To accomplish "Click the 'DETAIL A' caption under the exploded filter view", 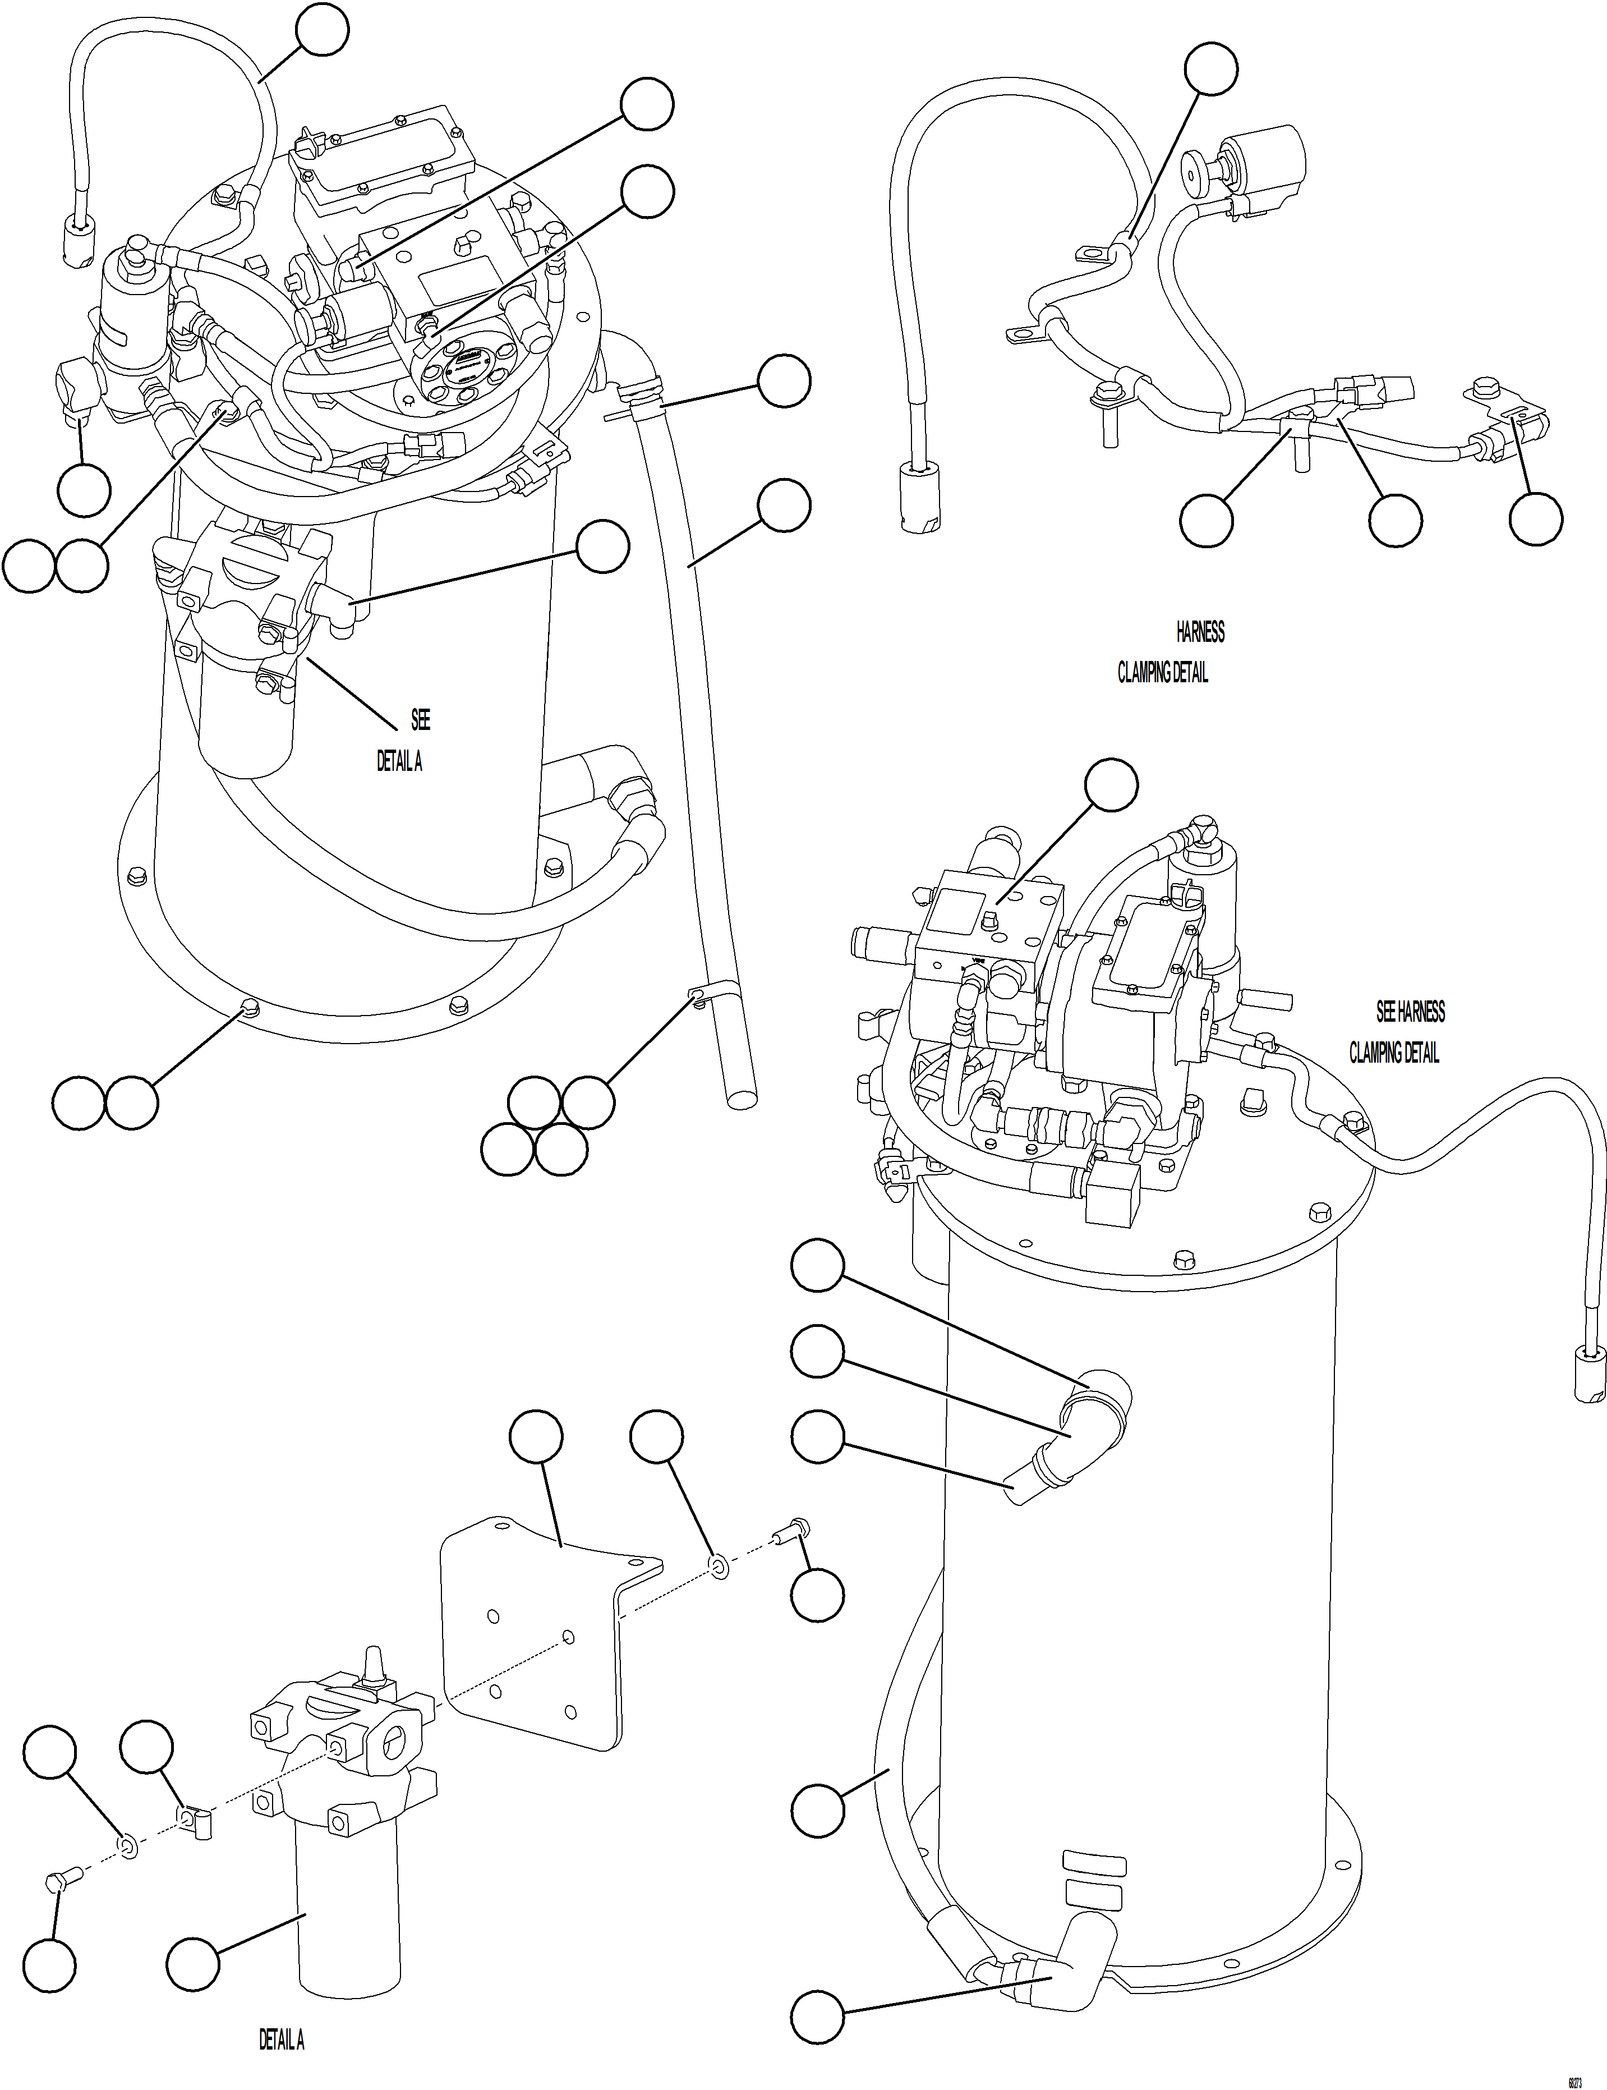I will click(281, 2040).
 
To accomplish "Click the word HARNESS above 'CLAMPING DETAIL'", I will click(1200, 632).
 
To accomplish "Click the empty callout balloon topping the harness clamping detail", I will click(1211, 69).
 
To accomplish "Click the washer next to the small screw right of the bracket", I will click(719, 1568).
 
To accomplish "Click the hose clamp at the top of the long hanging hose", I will click(639, 392).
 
